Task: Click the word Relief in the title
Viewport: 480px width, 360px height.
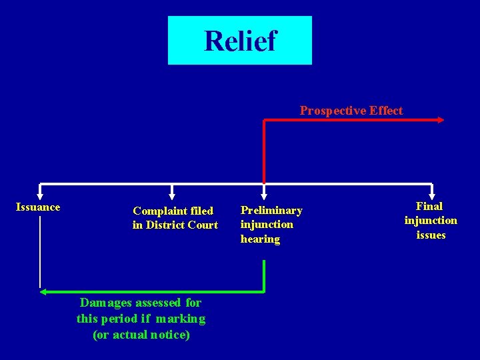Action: tap(239, 41)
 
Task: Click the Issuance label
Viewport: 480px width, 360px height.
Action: tap(38, 207)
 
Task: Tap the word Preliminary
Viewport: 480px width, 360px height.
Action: tap(271, 211)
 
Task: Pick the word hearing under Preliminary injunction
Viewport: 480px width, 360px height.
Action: tap(260, 239)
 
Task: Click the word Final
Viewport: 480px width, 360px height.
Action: tap(429, 207)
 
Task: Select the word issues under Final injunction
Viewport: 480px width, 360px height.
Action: tap(431, 235)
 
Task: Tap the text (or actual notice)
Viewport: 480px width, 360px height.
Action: tap(141, 335)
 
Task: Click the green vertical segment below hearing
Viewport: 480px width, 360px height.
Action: tap(265, 275)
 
